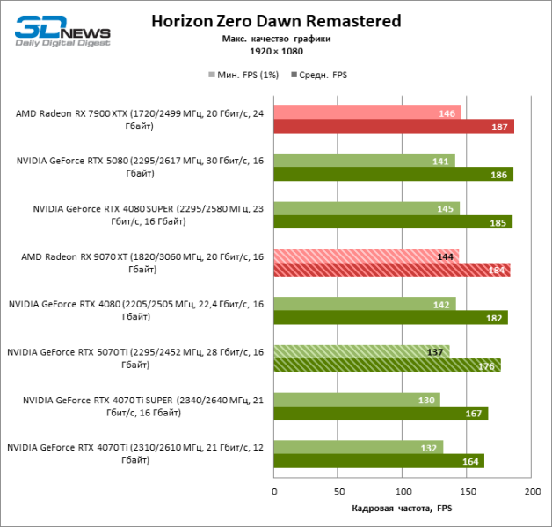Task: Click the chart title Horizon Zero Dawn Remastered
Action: tap(276, 21)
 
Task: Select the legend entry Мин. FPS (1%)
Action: tap(244, 76)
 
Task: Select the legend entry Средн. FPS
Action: tap(321, 76)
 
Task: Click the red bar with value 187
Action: tap(394, 127)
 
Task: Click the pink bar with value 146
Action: tap(367, 113)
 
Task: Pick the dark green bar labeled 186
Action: tap(393, 175)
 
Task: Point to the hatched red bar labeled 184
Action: tap(392, 270)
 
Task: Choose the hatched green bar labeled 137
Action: tap(361, 351)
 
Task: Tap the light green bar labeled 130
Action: tap(357, 399)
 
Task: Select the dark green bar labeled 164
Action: tap(379, 460)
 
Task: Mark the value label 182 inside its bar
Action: tap(493, 317)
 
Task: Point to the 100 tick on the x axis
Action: tap(403, 493)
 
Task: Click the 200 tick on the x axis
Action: tap(531, 493)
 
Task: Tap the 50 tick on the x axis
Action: tap(338, 493)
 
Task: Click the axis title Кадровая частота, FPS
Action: tap(403, 509)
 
